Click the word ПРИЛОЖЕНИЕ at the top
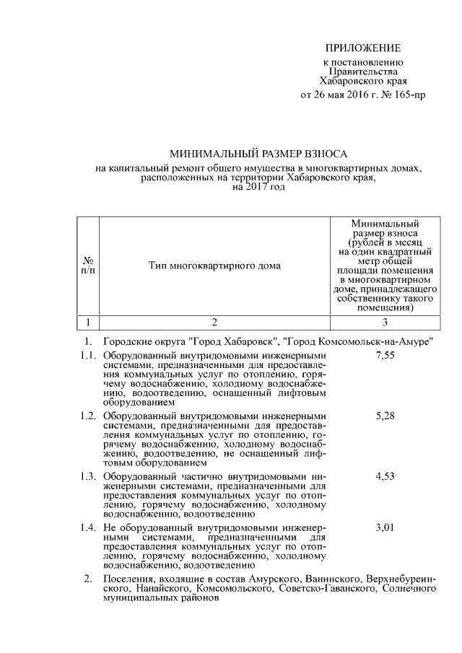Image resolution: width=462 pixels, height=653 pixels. click(362, 48)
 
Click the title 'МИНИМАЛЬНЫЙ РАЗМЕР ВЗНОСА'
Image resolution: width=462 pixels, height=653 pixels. click(258, 154)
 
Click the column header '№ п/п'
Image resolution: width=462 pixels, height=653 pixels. click(87, 265)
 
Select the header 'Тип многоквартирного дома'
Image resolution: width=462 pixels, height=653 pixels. click(214, 265)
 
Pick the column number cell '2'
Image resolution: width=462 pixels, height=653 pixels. click(214, 322)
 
